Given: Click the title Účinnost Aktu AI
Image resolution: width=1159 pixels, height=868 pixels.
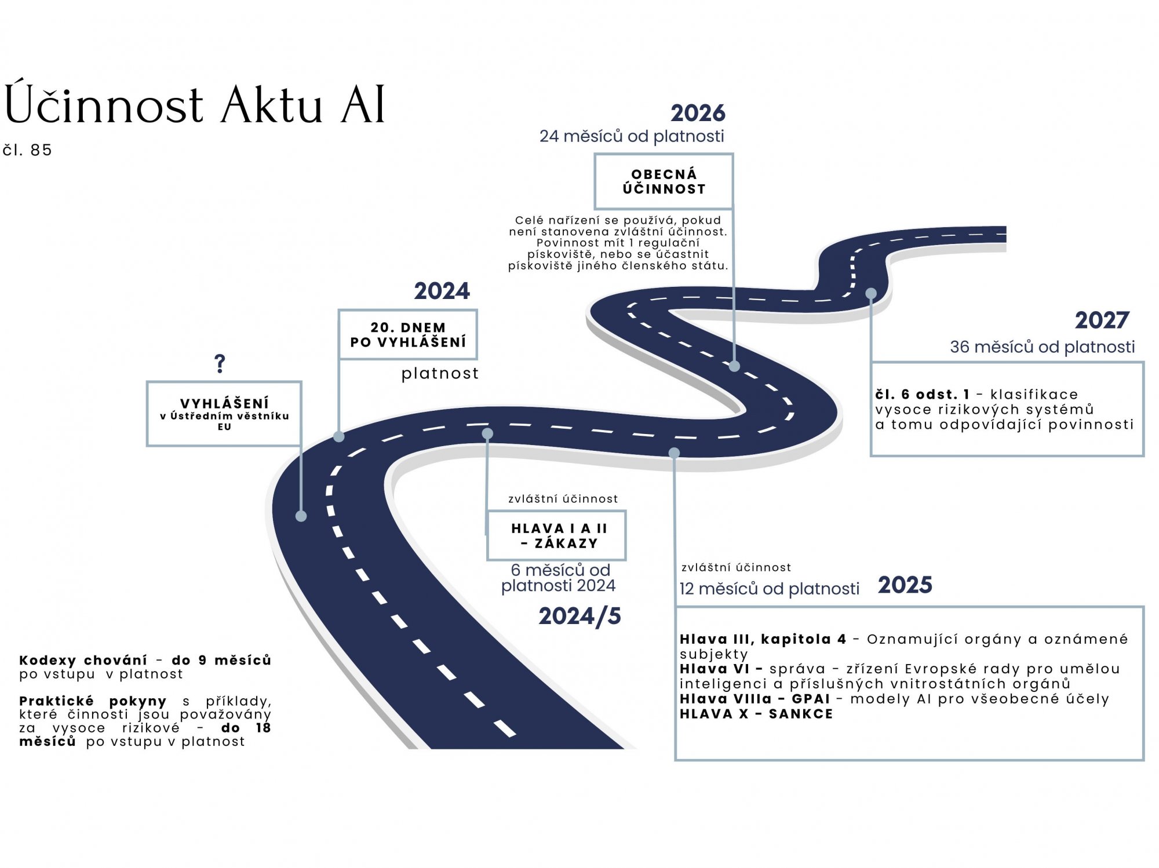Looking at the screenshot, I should (x=195, y=104).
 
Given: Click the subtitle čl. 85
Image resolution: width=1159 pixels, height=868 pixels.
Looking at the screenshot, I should (x=27, y=150).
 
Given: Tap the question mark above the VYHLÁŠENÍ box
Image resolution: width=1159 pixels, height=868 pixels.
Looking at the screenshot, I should (x=220, y=364).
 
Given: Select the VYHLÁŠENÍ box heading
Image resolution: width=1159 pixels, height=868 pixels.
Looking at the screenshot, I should (x=224, y=403).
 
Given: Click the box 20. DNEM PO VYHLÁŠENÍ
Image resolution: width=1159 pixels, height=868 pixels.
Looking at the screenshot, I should (x=408, y=335).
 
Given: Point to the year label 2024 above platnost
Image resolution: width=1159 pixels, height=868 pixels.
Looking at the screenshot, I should (x=442, y=291).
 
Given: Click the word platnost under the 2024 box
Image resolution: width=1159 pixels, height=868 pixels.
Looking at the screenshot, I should (x=440, y=373).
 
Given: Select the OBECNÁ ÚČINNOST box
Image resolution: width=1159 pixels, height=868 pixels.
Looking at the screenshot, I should (x=664, y=181).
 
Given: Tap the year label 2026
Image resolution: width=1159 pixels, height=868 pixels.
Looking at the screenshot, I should (x=698, y=113).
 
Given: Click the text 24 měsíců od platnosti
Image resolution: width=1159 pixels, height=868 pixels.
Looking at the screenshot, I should (x=632, y=136).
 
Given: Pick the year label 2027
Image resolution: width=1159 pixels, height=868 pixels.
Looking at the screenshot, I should (x=1102, y=320).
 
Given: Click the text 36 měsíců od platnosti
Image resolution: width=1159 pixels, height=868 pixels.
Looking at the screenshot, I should (x=1042, y=347).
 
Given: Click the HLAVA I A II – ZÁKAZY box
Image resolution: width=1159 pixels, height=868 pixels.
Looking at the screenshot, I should (x=557, y=535).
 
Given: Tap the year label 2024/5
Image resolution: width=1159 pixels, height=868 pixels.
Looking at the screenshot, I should (x=579, y=616).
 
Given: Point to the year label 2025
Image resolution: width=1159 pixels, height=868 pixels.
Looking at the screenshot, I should (x=905, y=585).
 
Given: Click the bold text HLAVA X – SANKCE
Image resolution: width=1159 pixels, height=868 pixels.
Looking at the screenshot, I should (x=756, y=714).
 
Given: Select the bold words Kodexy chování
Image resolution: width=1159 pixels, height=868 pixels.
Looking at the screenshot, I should (x=83, y=660).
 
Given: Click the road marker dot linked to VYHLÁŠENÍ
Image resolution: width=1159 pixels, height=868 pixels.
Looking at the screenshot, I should (x=301, y=516).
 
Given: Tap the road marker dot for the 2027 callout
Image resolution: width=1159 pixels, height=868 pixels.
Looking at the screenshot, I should (x=871, y=293).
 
